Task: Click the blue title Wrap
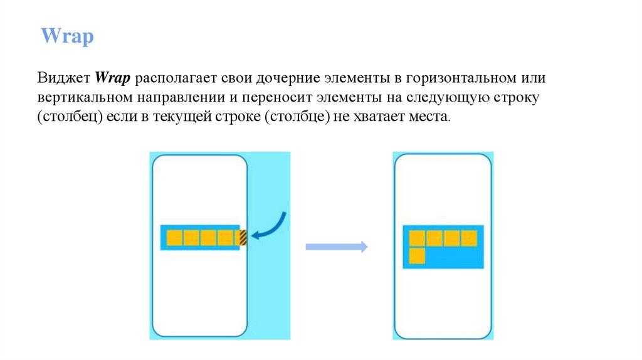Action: coord(67,36)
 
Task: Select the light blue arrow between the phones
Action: coord(336,247)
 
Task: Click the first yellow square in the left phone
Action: coord(175,238)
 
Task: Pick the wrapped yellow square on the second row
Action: coord(417,255)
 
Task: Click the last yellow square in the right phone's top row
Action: coord(469,238)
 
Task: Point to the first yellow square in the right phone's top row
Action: coord(417,238)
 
